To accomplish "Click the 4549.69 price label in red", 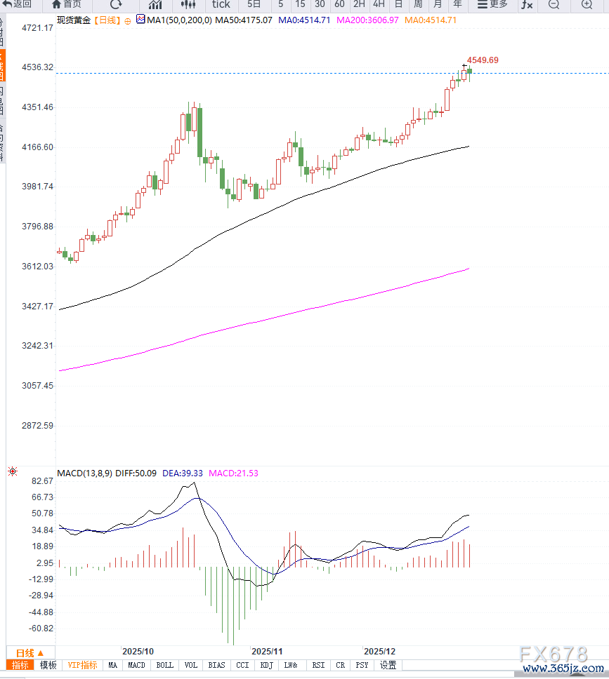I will pyautogui.click(x=483, y=60).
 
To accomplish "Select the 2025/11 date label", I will pyautogui.click(x=266, y=651).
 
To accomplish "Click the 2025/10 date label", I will pyautogui.click(x=138, y=651).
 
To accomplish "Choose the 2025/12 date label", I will pyautogui.click(x=379, y=651).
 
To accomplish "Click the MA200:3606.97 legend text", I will pyautogui.click(x=367, y=20).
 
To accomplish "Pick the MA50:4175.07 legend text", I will pyautogui.click(x=244, y=20).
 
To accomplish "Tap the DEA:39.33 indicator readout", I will pyautogui.click(x=183, y=473).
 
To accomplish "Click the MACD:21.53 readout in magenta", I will pyautogui.click(x=233, y=473).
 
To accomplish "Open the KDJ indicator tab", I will pyautogui.click(x=266, y=665).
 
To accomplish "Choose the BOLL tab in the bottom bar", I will pyautogui.click(x=164, y=665).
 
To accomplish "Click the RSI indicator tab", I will pyautogui.click(x=318, y=665).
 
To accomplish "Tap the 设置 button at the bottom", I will pyautogui.click(x=388, y=665).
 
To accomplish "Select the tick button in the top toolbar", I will pyautogui.click(x=221, y=4).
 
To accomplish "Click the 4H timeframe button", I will pyautogui.click(x=379, y=4).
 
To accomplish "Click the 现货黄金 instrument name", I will pyautogui.click(x=74, y=20).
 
